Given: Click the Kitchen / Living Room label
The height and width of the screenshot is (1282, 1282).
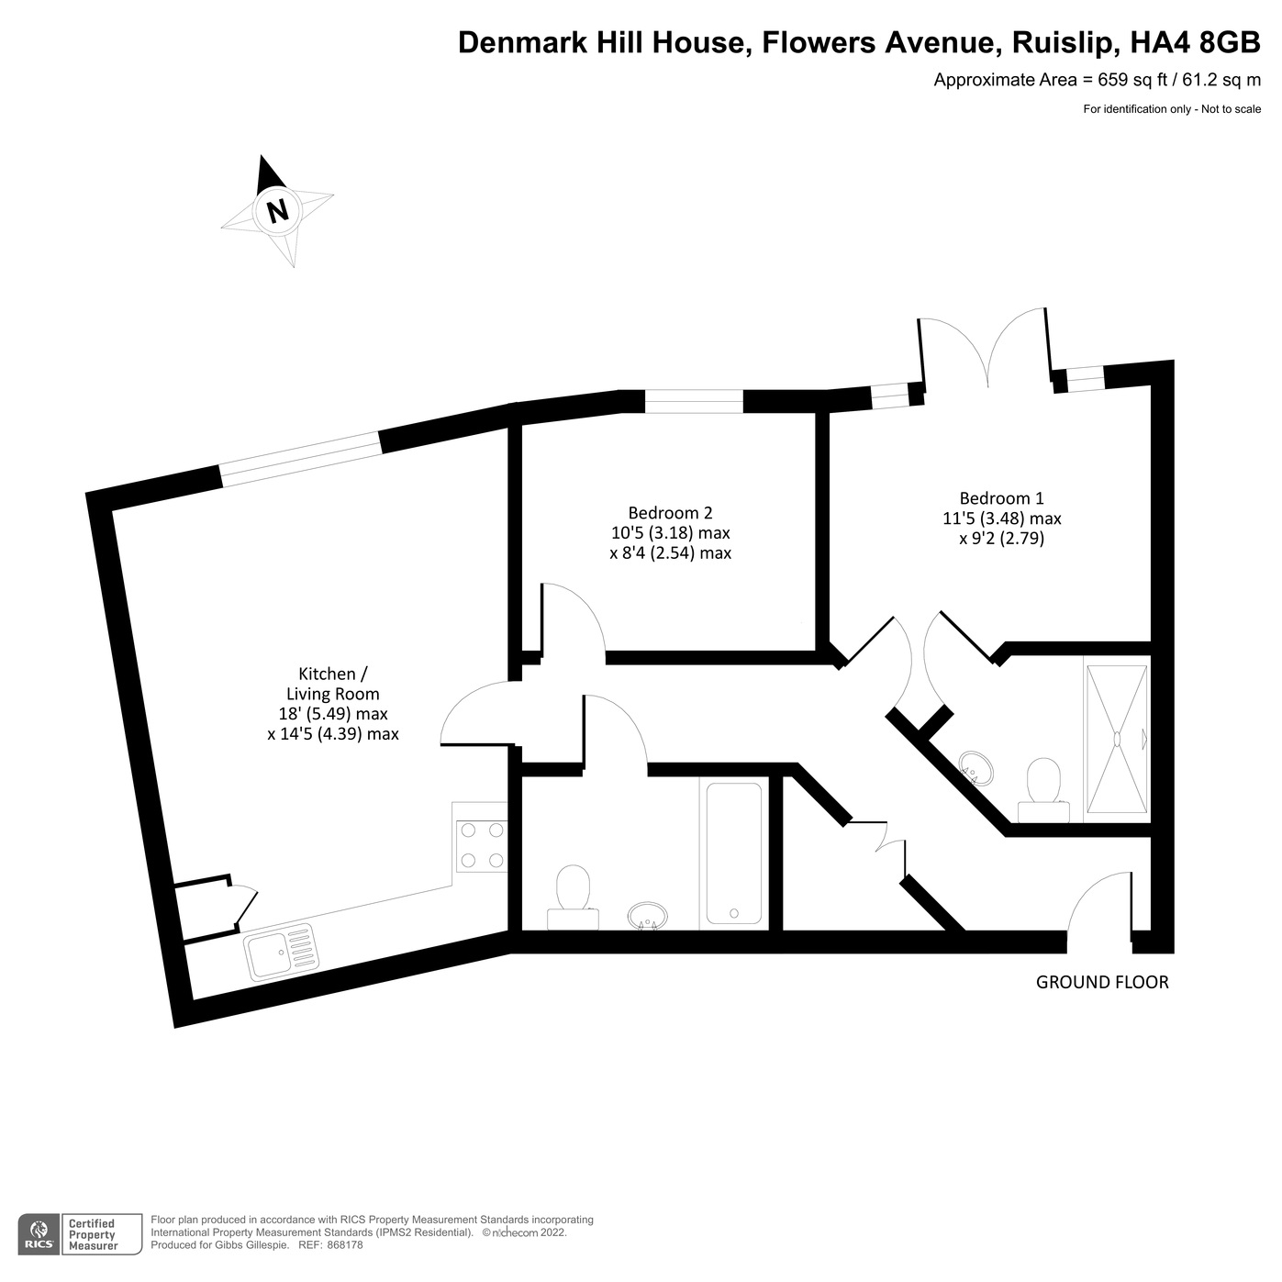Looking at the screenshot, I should coord(332,684).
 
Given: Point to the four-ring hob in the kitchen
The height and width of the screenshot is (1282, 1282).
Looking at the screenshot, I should coord(482,845).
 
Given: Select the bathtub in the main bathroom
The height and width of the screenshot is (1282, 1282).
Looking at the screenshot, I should coord(733,853).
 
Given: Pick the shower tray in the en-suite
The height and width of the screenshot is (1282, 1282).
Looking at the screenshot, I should coord(1117,739).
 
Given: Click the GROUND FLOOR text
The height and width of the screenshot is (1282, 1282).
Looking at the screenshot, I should coord(1102,982).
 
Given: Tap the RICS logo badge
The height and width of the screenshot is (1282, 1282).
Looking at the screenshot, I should coord(39,1234).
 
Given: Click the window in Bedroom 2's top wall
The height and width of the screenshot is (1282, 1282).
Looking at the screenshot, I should coord(693,402).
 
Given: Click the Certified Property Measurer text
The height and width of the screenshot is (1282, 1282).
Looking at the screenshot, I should coord(93,1234).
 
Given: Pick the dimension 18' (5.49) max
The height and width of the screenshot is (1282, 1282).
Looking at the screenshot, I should coord(332,714).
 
